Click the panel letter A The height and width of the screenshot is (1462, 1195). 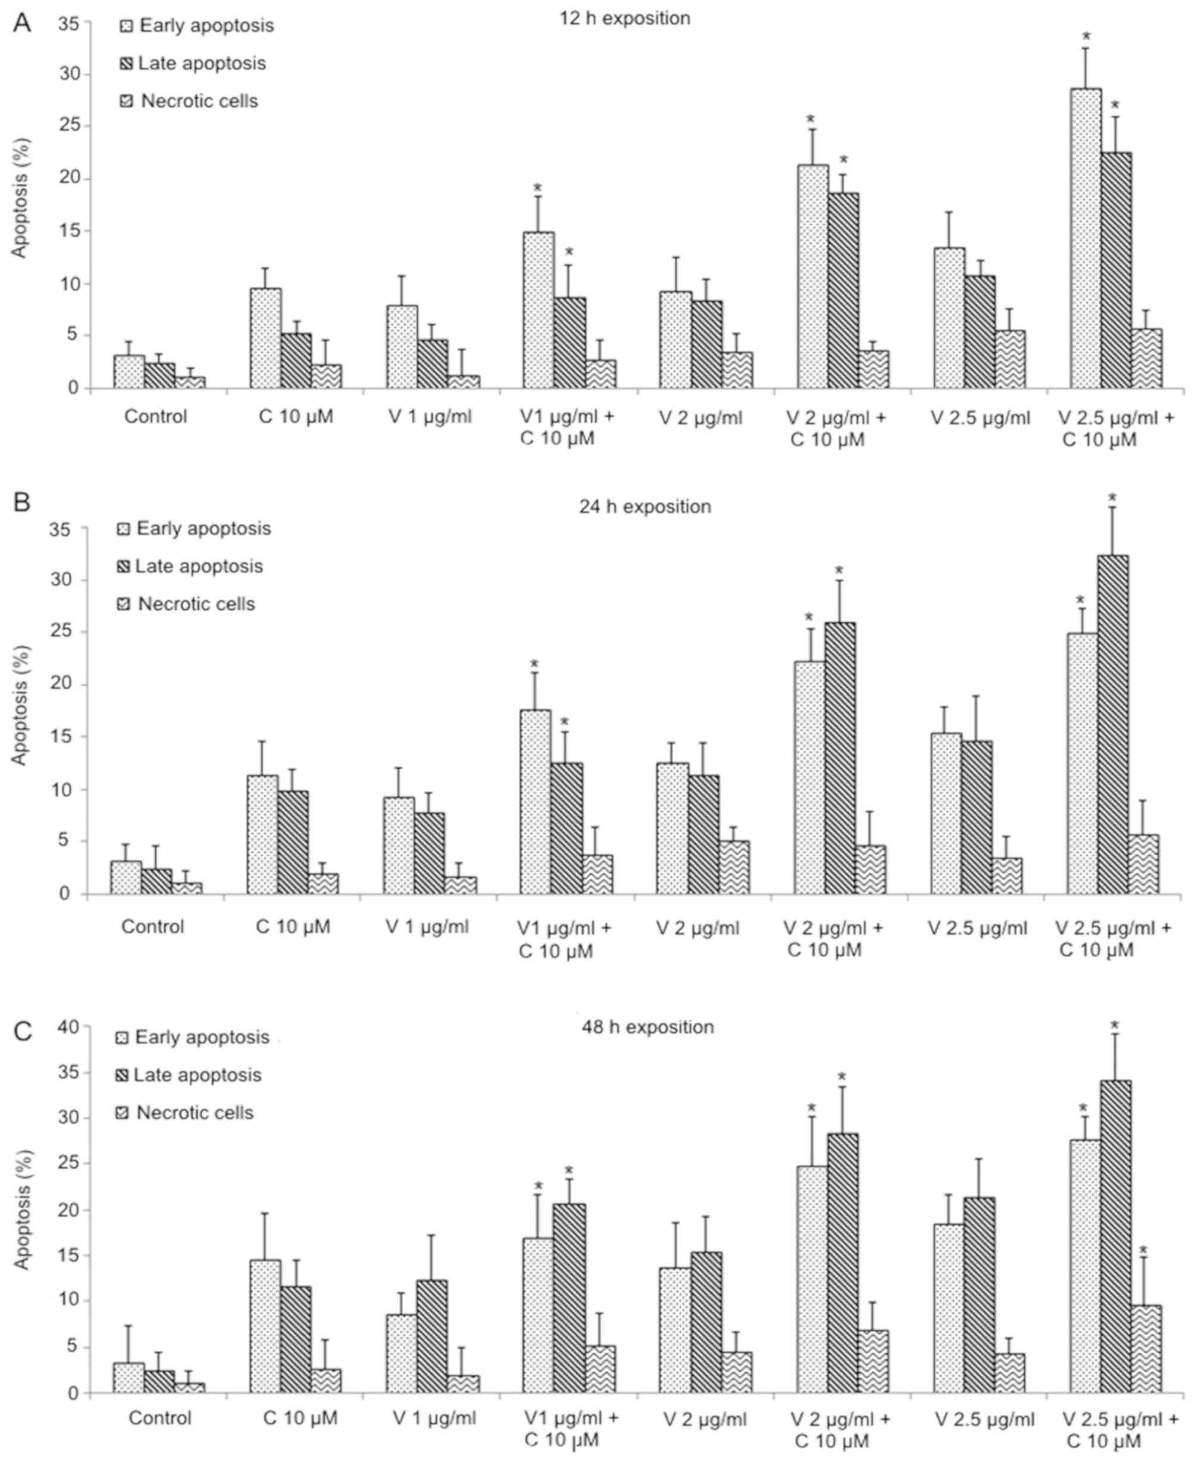click(22, 23)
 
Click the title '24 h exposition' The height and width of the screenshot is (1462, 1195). click(645, 507)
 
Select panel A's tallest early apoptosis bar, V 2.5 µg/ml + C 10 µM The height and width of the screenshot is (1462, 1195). click(1085, 238)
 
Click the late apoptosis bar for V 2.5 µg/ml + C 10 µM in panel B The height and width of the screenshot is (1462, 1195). click(1112, 725)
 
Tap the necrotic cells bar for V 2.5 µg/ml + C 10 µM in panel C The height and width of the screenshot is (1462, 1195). click(1146, 1349)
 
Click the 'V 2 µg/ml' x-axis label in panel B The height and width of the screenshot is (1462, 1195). click(697, 928)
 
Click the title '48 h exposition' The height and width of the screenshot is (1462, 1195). click(647, 1027)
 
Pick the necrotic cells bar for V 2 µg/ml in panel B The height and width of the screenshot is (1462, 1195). click(734, 867)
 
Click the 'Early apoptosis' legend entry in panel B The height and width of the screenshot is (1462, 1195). click(202, 528)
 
